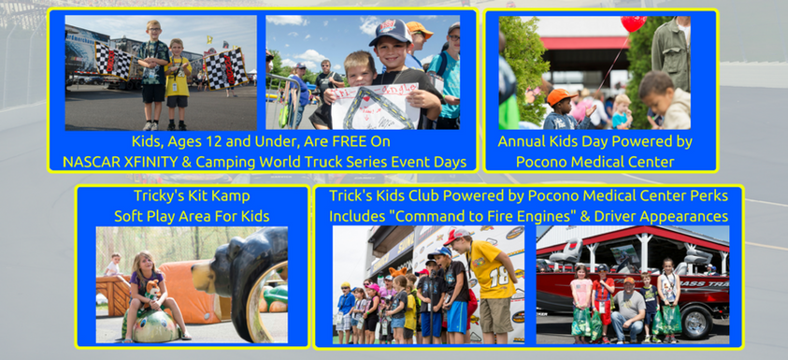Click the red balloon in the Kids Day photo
click(x=633, y=22)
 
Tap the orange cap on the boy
click(x=560, y=96)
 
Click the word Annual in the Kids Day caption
click(x=522, y=141)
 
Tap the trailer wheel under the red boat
click(x=699, y=322)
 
